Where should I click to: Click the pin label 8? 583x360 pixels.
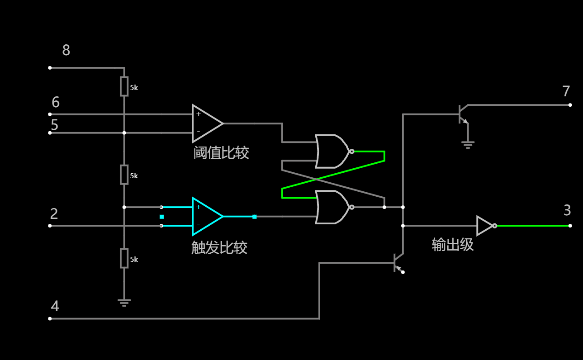(x=66, y=50)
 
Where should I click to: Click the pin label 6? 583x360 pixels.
(x=55, y=103)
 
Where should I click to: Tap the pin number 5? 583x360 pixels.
(x=54, y=125)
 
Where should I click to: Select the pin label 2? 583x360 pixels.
(x=54, y=214)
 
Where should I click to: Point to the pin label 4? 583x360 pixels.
(x=55, y=307)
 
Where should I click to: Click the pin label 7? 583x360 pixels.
(x=566, y=92)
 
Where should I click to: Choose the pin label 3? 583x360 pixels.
(x=567, y=211)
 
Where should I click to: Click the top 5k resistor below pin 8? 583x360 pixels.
(x=124, y=86)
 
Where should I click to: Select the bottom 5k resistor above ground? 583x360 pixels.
(x=124, y=258)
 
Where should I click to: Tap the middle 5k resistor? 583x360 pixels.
(x=124, y=175)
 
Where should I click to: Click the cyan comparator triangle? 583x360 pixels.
(x=206, y=217)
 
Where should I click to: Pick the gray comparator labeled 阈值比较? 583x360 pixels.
(x=206, y=123)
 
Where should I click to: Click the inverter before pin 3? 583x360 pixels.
(x=485, y=226)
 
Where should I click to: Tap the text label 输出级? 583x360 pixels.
(x=452, y=245)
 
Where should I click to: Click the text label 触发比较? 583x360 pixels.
(x=219, y=248)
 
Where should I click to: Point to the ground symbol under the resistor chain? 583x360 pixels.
(x=124, y=302)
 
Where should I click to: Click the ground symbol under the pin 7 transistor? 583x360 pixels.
(x=468, y=145)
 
